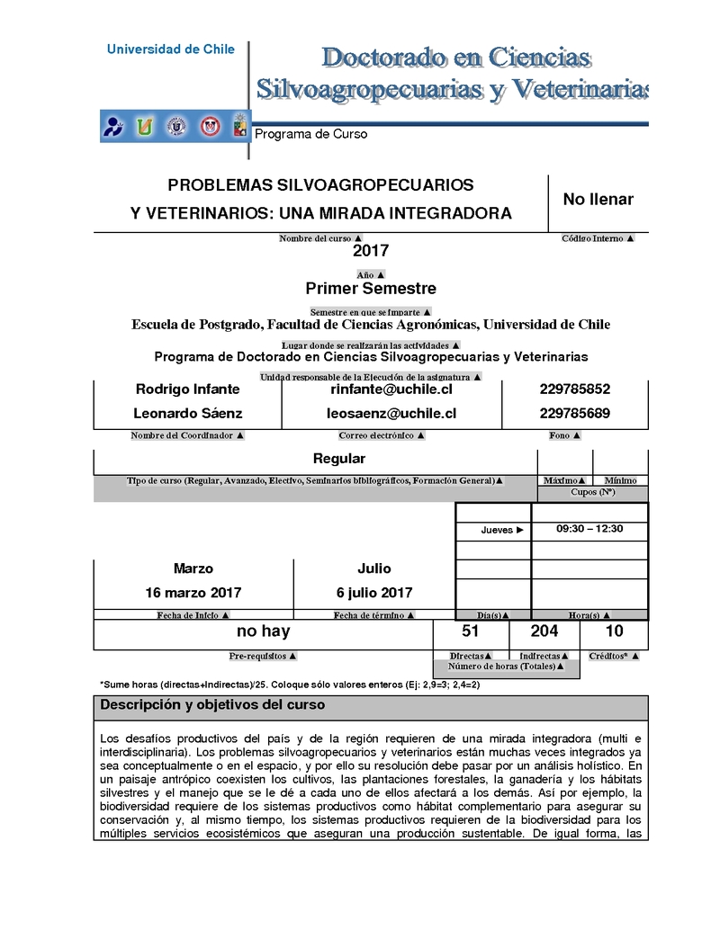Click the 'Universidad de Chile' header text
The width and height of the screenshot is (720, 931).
pos(170,49)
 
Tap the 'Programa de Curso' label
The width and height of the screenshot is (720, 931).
pos(311,134)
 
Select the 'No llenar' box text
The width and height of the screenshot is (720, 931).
pos(598,200)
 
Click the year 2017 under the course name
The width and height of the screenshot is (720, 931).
pos(371,251)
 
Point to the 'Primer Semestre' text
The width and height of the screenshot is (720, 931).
pos(371,289)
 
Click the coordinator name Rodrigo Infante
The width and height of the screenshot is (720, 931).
pos(187,389)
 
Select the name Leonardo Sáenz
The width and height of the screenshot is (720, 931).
pos(187,414)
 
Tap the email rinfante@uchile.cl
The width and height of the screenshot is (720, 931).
pos(391,389)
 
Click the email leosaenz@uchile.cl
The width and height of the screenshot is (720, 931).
pos(391,414)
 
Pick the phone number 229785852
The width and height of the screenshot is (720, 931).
pos(574,389)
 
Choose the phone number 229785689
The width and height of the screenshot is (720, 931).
pos(574,414)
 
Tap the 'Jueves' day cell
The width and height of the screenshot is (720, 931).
pos(501,530)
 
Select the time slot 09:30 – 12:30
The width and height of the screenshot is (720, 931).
pos(589,529)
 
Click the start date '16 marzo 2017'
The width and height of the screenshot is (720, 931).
pos(193,593)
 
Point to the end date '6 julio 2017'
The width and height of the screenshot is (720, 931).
pos(374,593)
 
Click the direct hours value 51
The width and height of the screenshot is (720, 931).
pos(470,631)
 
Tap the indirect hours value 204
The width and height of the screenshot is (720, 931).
pos(544,631)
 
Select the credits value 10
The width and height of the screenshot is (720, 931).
pos(615,631)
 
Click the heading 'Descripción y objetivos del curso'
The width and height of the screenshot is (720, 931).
pos(212,705)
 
